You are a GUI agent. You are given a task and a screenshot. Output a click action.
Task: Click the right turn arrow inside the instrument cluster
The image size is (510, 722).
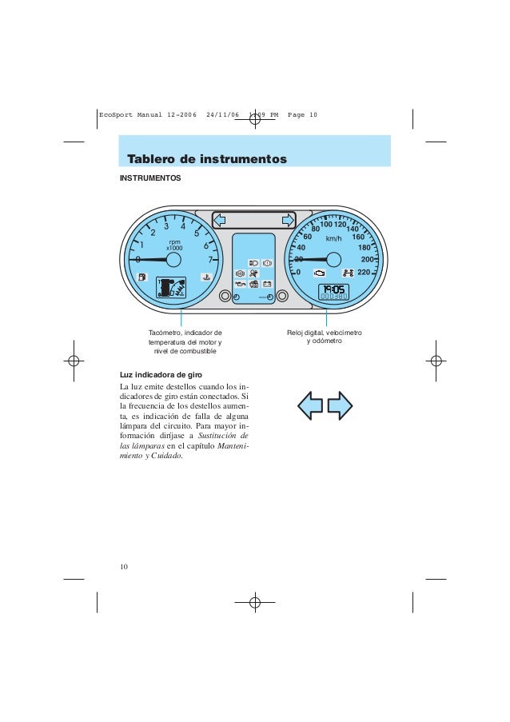point(286,220)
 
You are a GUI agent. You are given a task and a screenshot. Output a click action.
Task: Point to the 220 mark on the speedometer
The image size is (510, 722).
point(364,273)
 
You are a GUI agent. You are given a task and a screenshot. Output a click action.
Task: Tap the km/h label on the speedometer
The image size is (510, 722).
point(333,238)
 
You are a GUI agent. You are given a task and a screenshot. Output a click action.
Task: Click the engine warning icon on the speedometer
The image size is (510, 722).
point(319,273)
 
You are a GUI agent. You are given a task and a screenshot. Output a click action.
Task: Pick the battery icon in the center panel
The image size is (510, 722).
point(268,284)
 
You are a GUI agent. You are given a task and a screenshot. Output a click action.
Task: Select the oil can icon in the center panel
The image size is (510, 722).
point(240,284)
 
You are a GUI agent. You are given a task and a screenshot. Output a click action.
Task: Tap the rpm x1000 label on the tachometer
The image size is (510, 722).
point(174,245)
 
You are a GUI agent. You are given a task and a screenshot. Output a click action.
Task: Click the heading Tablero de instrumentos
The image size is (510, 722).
point(207,158)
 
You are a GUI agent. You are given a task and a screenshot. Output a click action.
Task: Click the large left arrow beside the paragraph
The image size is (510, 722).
point(311,405)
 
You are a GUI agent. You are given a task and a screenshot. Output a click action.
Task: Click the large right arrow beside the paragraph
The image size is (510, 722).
point(341,405)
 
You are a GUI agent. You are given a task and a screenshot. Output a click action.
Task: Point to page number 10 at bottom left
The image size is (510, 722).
point(124,567)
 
